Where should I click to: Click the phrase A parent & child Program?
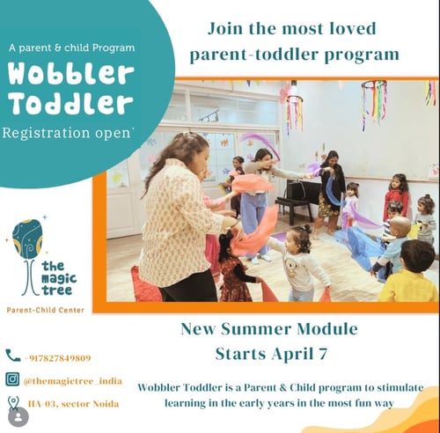(x=73, y=45)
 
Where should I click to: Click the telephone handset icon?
(x=12, y=356)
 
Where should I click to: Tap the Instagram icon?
(x=12, y=380)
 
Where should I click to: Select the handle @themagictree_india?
(x=71, y=381)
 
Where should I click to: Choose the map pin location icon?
(x=12, y=403)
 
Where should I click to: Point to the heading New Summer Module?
(x=268, y=330)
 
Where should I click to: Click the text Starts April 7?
(x=268, y=354)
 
